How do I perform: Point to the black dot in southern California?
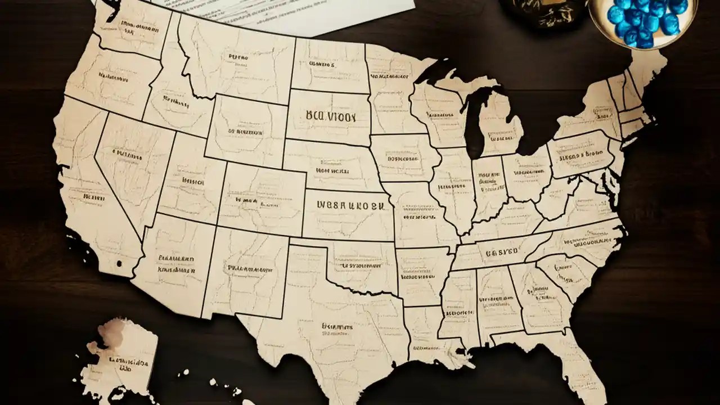point(119,263)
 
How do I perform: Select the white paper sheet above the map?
point(281,14)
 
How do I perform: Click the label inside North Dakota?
point(322,65)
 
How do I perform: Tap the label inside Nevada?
point(127,153)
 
